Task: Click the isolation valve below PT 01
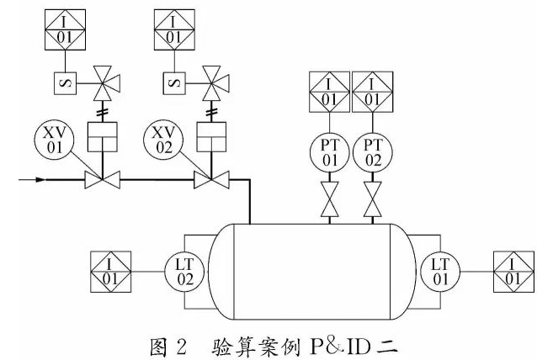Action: [x=330, y=202]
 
